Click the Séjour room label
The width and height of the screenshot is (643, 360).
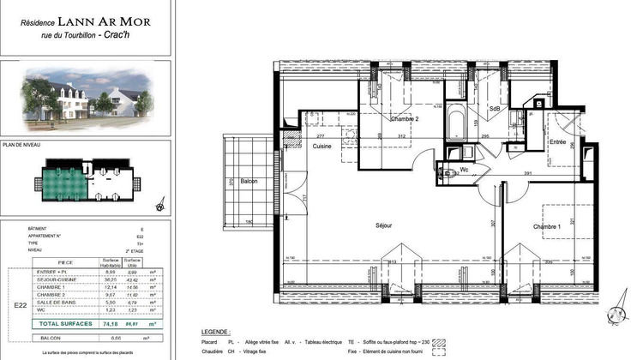tap(383, 225)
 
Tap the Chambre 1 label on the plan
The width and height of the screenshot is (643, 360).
tap(546, 226)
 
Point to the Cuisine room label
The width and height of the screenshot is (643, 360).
tap(322, 147)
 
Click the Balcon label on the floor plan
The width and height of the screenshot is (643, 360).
tap(249, 182)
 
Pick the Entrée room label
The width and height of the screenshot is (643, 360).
tap(558, 141)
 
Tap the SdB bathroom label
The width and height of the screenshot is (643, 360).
tap(495, 109)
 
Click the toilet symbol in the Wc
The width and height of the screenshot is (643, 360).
tap(447, 170)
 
